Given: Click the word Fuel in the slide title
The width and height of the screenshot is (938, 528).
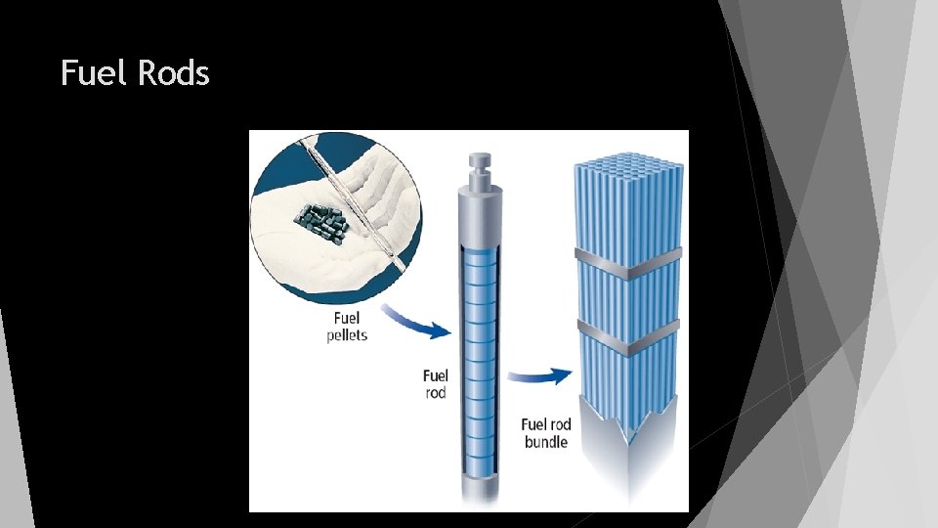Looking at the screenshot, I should click(x=93, y=72).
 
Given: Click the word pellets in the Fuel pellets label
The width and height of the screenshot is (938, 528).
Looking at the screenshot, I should click(x=347, y=334).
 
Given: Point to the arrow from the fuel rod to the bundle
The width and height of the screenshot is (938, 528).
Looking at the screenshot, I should click(x=543, y=375).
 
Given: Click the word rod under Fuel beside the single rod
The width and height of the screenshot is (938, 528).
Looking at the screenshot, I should click(x=435, y=393).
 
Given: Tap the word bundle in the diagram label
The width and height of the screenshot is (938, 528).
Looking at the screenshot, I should click(x=546, y=442).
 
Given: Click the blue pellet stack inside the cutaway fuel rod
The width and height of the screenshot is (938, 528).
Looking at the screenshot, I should click(x=480, y=342).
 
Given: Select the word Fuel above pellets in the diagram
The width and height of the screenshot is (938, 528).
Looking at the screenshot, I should click(x=347, y=317).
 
